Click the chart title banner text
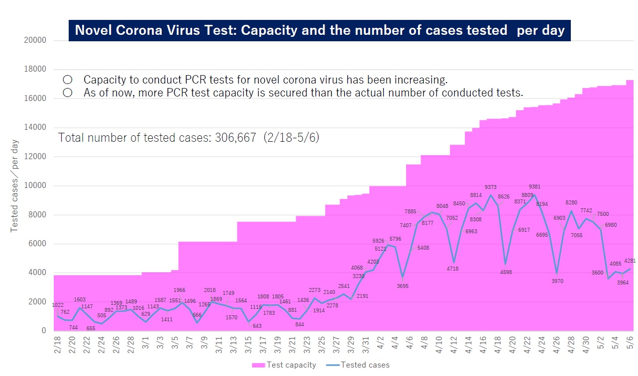click(x=319, y=30)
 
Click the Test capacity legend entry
click(x=284, y=365)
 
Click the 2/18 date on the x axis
click(x=58, y=344)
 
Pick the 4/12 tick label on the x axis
click(x=454, y=344)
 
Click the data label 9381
click(x=534, y=187)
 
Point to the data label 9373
click(x=491, y=187)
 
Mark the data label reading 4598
click(x=506, y=272)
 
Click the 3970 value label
click(x=557, y=281)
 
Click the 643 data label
click(x=257, y=326)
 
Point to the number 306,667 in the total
click(x=235, y=137)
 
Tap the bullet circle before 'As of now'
click(x=68, y=93)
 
